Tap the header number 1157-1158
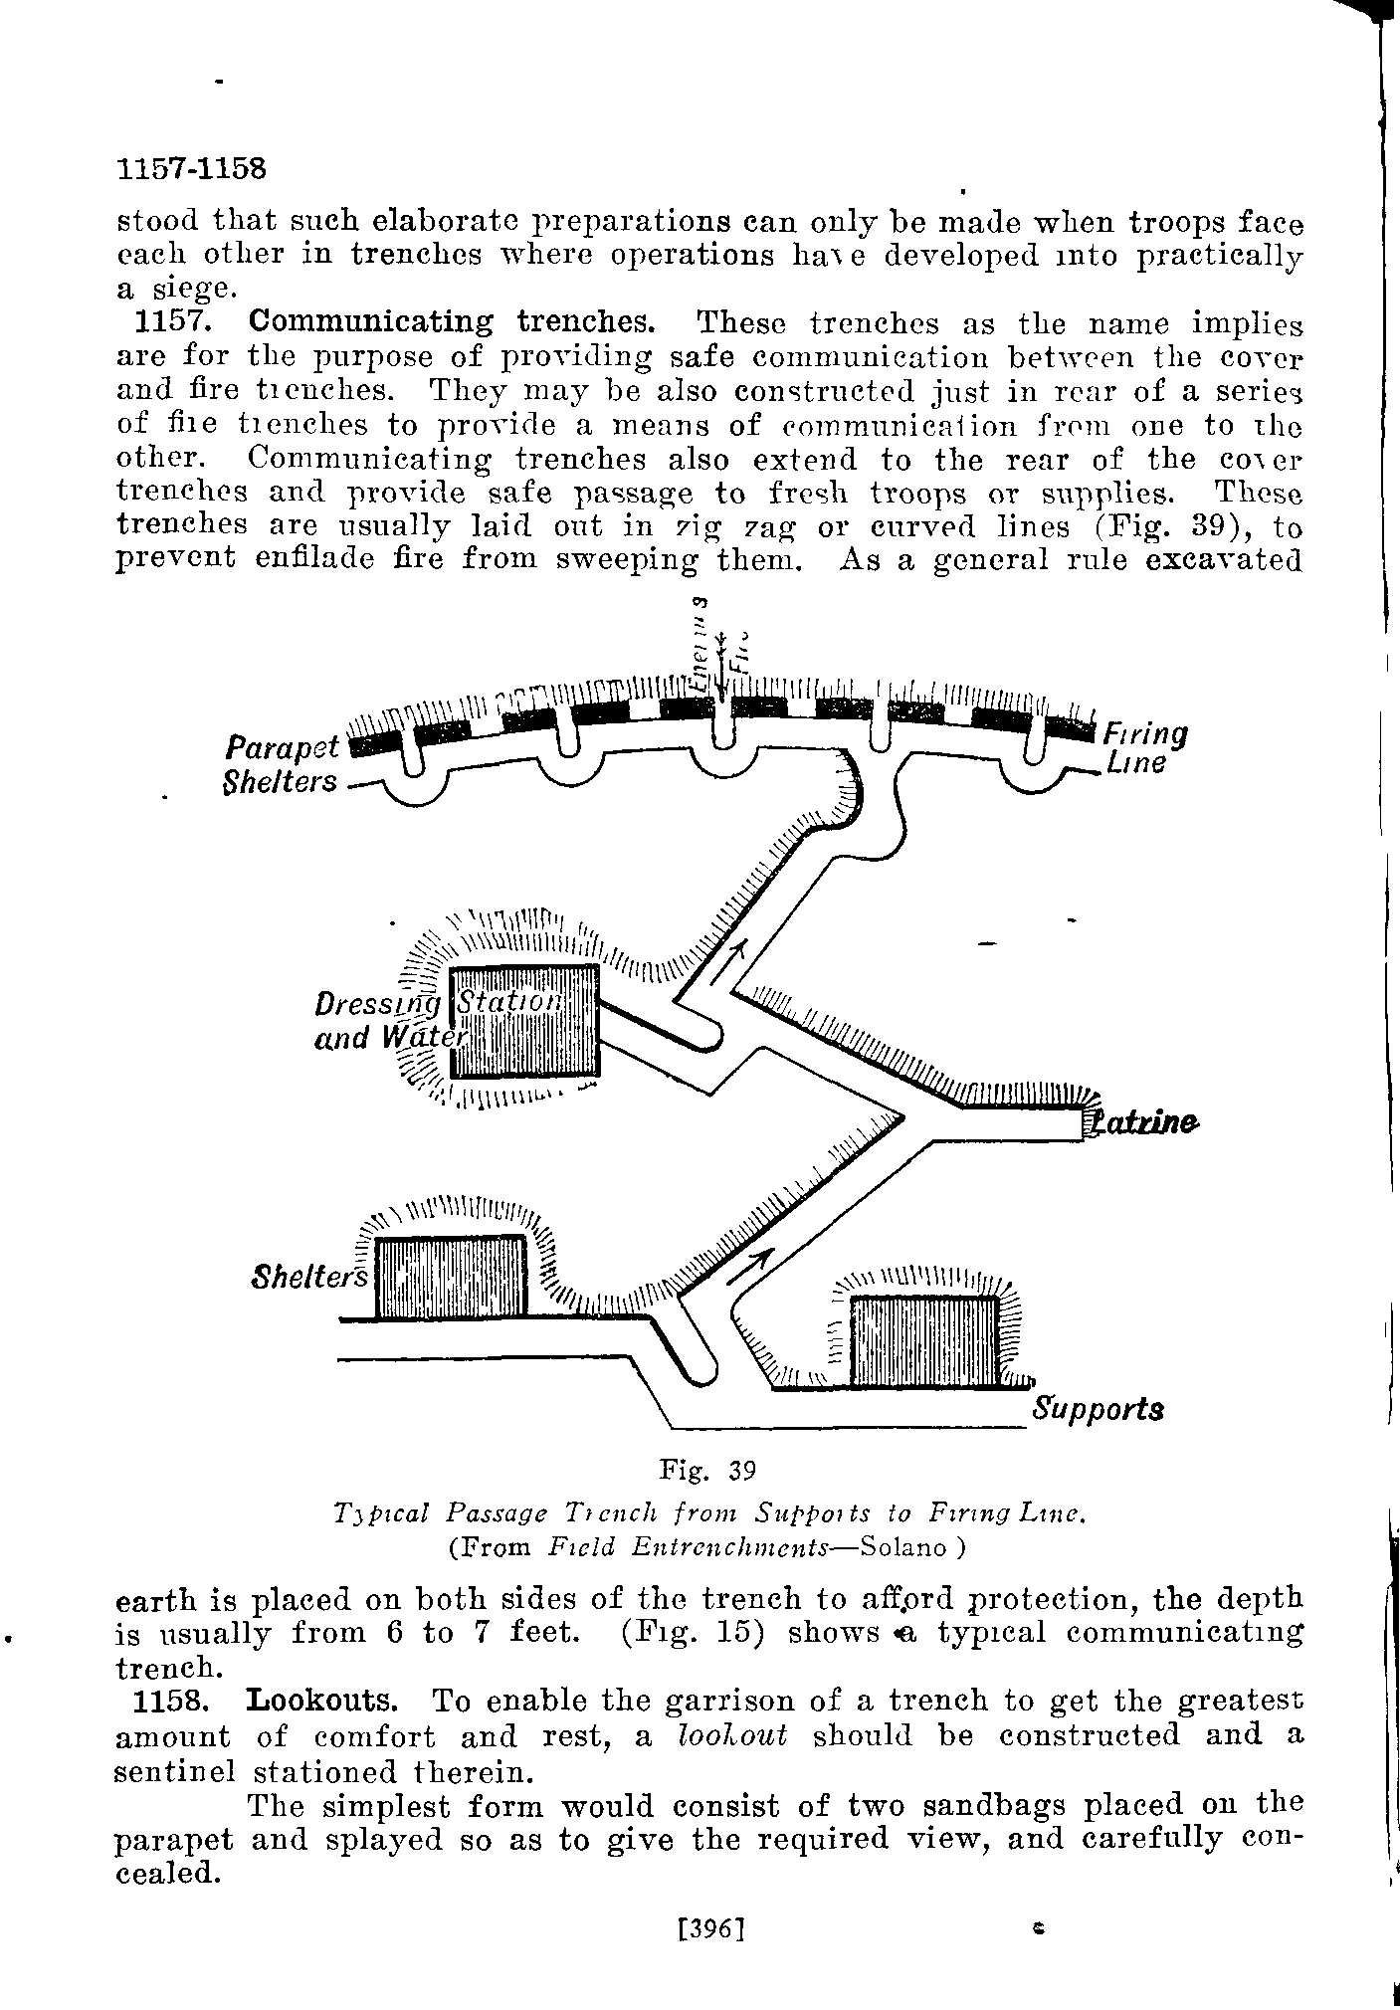click(192, 169)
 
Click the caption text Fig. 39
click(708, 1469)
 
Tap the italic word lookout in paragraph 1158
click(731, 1735)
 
